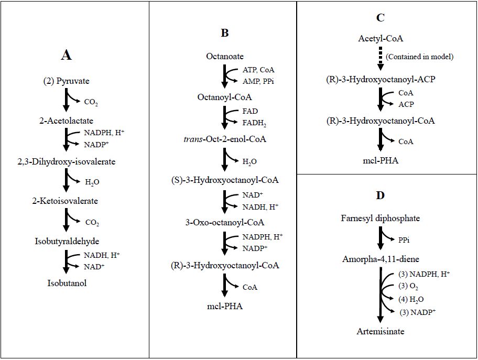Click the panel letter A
(x=66, y=54)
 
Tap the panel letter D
(x=381, y=195)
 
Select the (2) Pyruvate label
(x=66, y=81)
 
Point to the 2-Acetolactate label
(x=66, y=121)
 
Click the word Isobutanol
(x=66, y=283)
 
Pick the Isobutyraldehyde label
(x=66, y=241)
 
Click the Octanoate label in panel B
(x=224, y=56)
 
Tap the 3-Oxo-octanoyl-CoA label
(x=224, y=222)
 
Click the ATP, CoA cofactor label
(x=258, y=69)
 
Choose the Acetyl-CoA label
(x=381, y=38)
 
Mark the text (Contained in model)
(x=419, y=56)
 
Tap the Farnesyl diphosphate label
(x=381, y=218)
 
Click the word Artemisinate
(x=381, y=331)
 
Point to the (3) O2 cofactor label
(x=409, y=287)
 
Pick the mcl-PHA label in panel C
(x=381, y=160)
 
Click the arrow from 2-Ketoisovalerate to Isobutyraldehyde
(x=67, y=221)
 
